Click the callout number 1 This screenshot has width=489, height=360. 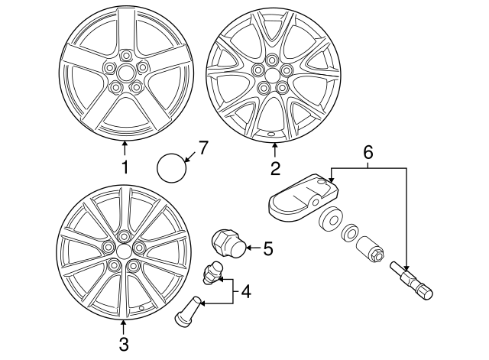click(125, 165)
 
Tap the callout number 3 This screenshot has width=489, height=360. click(124, 343)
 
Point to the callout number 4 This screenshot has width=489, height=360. click(245, 291)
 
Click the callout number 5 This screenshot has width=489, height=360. click(267, 248)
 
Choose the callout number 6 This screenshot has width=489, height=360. click(368, 153)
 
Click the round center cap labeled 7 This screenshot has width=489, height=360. click(173, 166)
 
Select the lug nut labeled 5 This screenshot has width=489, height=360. click(227, 244)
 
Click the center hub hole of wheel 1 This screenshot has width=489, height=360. click(125, 74)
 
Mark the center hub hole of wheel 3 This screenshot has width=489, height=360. click(123, 250)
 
